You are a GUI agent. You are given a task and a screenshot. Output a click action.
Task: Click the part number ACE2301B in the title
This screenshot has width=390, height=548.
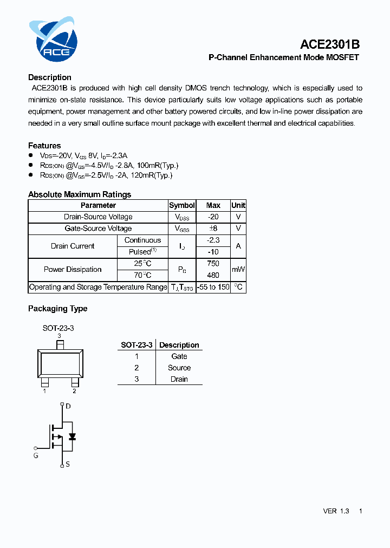pyautogui.click(x=330, y=44)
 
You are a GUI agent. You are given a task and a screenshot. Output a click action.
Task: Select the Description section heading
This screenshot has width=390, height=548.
pyautogui.click(x=50, y=77)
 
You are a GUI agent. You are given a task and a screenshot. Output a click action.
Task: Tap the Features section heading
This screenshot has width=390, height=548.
pyautogui.click(x=44, y=146)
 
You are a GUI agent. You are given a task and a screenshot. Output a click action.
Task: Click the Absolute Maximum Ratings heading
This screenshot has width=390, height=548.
pyautogui.click(x=80, y=194)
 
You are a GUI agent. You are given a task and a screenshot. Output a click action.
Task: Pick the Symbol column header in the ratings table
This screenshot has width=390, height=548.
pyautogui.click(x=182, y=205)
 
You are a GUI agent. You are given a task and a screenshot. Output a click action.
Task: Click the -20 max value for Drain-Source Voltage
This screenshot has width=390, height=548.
pyautogui.click(x=213, y=217)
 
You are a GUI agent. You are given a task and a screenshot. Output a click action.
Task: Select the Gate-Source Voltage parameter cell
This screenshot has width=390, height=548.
pyautogui.click(x=98, y=229)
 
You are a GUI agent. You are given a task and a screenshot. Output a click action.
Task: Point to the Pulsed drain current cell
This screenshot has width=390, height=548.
pyautogui.click(x=142, y=252)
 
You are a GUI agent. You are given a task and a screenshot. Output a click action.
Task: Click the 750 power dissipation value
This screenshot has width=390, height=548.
pyautogui.click(x=213, y=264)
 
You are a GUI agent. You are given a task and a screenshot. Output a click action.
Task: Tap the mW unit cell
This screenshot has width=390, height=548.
pyautogui.click(x=238, y=269)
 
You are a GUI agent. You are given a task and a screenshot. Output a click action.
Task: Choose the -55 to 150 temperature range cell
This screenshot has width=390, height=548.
pyautogui.click(x=213, y=287)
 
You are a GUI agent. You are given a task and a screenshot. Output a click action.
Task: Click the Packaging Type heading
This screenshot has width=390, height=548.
pyautogui.click(x=57, y=309)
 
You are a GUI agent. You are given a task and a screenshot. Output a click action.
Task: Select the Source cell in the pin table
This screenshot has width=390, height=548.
pyautogui.click(x=179, y=368)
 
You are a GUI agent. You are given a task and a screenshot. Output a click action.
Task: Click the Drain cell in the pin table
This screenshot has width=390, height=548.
pyautogui.click(x=179, y=379)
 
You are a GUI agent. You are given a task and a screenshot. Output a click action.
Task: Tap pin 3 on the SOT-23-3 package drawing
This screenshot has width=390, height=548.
pyautogui.click(x=60, y=344)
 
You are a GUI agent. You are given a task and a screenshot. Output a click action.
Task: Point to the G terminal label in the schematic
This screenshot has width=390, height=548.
pyautogui.click(x=36, y=456)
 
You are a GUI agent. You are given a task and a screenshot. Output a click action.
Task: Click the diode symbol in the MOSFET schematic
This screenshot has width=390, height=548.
pyautogui.click(x=72, y=436)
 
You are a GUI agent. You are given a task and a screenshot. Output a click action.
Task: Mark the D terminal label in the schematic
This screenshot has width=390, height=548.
pyautogui.click(x=68, y=406)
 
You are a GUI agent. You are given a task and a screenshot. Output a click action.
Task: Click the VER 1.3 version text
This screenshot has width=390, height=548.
pyautogui.click(x=336, y=511)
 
